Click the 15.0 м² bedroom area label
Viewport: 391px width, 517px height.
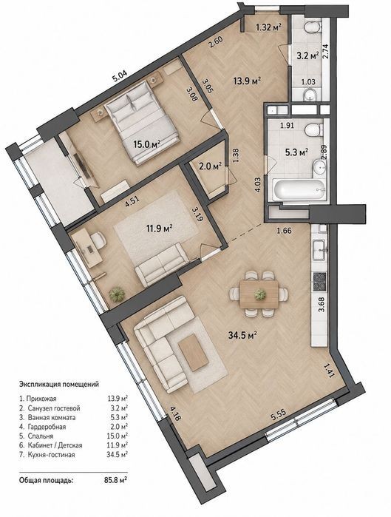(x=147, y=143)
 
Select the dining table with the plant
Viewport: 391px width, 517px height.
(x=259, y=294)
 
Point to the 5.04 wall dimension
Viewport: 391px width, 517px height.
(x=120, y=76)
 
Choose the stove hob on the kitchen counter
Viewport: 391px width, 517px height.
(x=319, y=282)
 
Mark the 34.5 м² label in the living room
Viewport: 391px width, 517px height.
(x=242, y=335)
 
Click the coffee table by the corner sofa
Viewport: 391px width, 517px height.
(x=194, y=352)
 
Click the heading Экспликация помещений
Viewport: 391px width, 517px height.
(x=59, y=384)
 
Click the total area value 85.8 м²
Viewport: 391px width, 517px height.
(x=115, y=480)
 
